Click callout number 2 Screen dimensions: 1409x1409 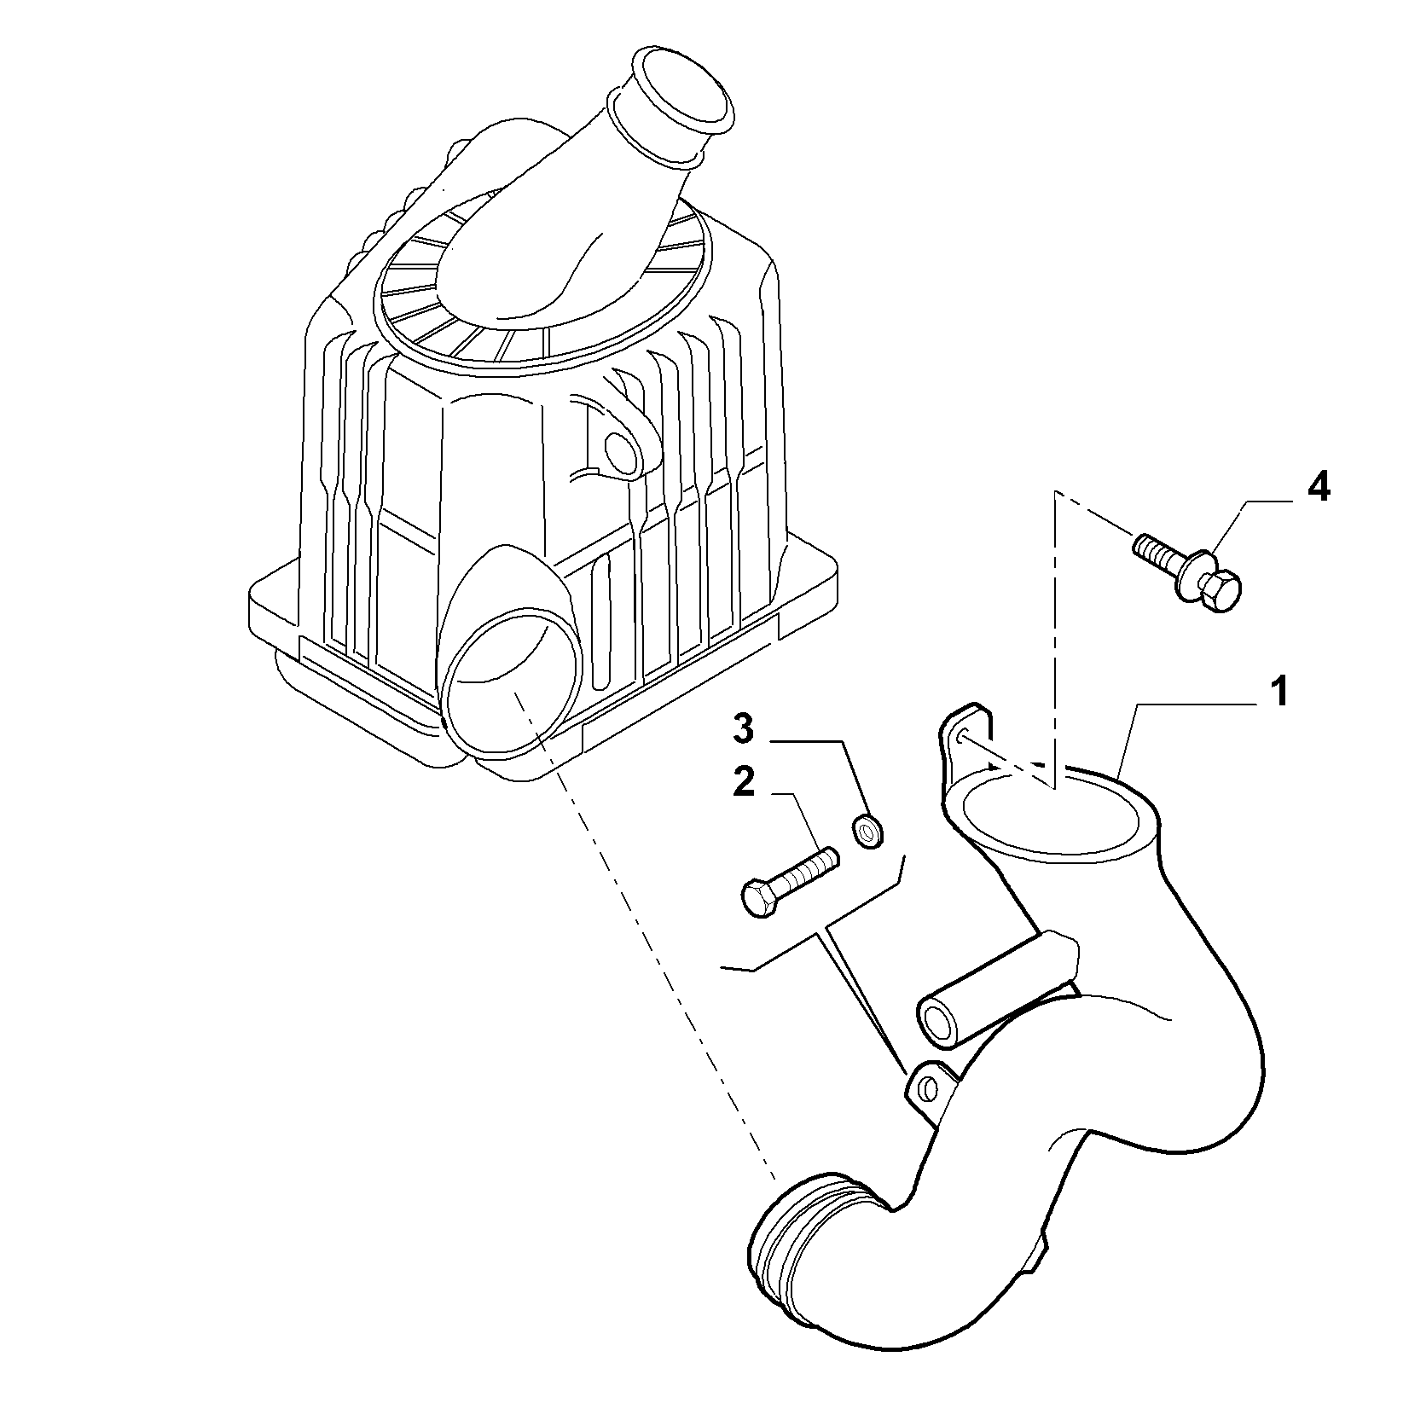pos(744,783)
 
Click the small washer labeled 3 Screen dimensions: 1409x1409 pos(868,830)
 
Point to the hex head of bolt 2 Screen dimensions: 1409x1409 pos(757,899)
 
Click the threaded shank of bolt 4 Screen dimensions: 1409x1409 pos(1160,553)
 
